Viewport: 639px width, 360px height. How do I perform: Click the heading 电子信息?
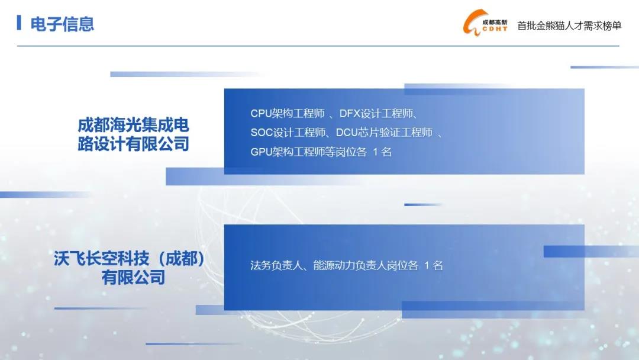tap(62, 24)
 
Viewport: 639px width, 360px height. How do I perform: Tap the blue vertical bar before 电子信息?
tap(19, 22)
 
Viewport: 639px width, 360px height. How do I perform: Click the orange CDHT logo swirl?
tap(473, 23)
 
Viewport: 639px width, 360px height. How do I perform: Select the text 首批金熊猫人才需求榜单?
tap(569, 25)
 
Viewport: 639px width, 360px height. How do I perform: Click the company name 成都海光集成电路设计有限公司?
tap(133, 134)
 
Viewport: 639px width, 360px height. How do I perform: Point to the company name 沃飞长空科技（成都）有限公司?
tap(130, 268)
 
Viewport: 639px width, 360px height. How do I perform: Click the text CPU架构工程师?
tap(288, 113)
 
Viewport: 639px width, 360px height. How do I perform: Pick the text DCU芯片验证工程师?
tap(384, 133)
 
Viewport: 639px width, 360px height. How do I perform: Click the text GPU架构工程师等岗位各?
tap(308, 152)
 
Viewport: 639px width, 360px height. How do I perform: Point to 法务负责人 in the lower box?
tap(276, 265)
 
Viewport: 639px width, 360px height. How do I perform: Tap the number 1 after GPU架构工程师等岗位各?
tap(375, 152)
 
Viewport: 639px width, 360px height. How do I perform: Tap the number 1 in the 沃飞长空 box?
tap(427, 266)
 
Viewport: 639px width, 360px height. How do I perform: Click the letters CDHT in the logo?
tap(495, 29)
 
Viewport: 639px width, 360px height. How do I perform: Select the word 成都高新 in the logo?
tap(495, 22)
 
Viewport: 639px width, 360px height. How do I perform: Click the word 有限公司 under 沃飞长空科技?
tap(133, 278)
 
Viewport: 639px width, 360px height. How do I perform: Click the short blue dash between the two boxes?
tap(422, 205)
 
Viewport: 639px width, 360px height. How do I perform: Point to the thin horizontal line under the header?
tap(318, 46)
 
